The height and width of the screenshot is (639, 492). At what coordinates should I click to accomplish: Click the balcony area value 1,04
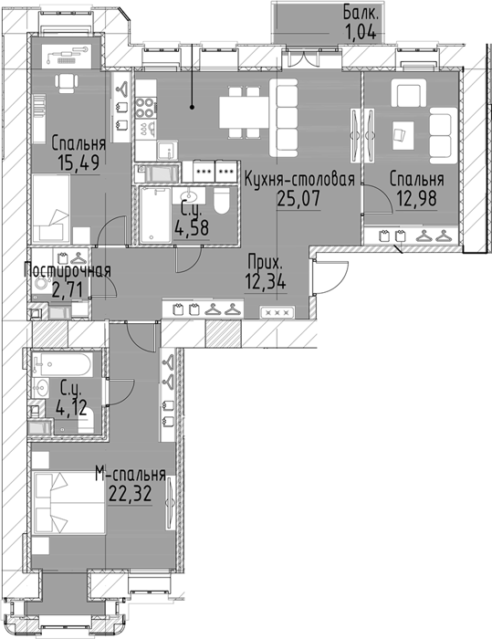(361, 31)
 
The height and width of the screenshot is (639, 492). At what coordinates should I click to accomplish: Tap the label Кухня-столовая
(299, 180)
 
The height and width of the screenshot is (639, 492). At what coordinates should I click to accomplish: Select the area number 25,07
(298, 198)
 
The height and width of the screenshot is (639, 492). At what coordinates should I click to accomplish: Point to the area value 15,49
(79, 163)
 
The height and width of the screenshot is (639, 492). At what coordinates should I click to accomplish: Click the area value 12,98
(416, 199)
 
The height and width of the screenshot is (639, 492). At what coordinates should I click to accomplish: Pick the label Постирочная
(68, 270)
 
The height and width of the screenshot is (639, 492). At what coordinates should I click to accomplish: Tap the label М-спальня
(131, 475)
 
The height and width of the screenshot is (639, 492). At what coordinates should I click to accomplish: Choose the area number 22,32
(131, 494)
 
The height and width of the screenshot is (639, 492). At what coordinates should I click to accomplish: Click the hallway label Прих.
(265, 263)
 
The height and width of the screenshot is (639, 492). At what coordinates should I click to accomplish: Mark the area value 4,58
(192, 227)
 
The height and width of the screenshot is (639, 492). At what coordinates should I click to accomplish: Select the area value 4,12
(72, 407)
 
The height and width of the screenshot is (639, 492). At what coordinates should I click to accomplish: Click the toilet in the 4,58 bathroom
(223, 201)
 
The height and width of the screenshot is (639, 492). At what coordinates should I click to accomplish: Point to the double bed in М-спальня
(68, 502)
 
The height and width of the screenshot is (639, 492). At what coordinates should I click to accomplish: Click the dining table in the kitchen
(244, 112)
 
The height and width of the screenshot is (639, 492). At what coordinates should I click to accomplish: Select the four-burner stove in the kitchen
(146, 108)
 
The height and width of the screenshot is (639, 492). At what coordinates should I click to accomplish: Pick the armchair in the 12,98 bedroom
(408, 93)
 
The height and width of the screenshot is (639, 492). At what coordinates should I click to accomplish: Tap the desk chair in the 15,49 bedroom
(66, 83)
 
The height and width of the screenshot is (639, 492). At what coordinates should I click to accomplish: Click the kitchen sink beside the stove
(168, 151)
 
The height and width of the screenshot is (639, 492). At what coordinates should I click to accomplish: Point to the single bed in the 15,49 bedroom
(51, 208)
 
